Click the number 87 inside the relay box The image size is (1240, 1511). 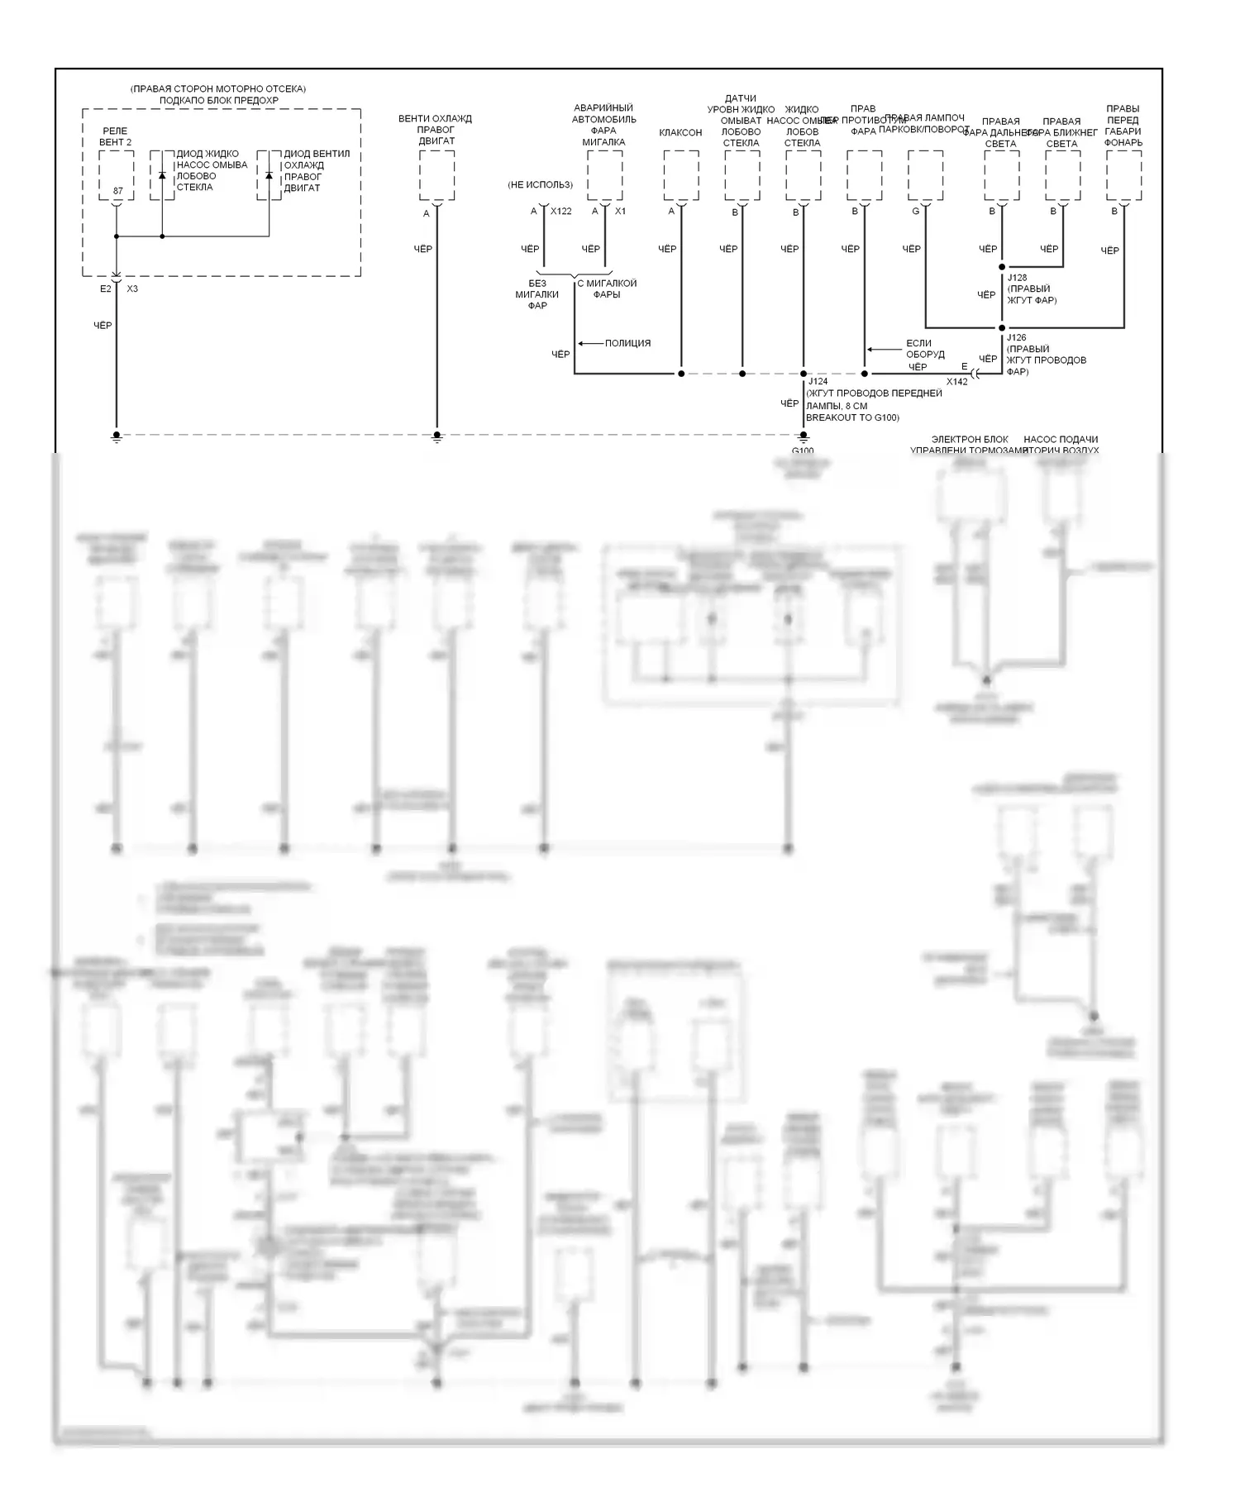117,191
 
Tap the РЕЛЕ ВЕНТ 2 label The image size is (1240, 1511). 115,136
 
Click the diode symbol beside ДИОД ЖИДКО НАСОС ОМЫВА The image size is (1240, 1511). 162,175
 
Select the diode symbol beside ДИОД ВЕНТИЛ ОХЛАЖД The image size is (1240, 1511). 269,175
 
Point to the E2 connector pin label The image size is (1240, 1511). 105,288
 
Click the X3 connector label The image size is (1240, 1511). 132,288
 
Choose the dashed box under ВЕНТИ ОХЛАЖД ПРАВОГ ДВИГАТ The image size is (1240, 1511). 436,175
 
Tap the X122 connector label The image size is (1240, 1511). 561,212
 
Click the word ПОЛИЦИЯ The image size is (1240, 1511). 627,343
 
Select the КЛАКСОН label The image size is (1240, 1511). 680,132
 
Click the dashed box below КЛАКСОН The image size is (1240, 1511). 681,175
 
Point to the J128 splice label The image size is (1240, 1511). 1017,278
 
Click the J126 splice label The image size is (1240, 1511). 1017,338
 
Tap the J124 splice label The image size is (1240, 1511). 818,382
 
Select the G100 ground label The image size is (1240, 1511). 803,451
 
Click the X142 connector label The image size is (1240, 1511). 956,382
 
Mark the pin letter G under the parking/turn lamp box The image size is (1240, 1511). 915,212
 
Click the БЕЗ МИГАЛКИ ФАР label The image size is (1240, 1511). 537,294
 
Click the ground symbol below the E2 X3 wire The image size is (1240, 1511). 117,437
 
